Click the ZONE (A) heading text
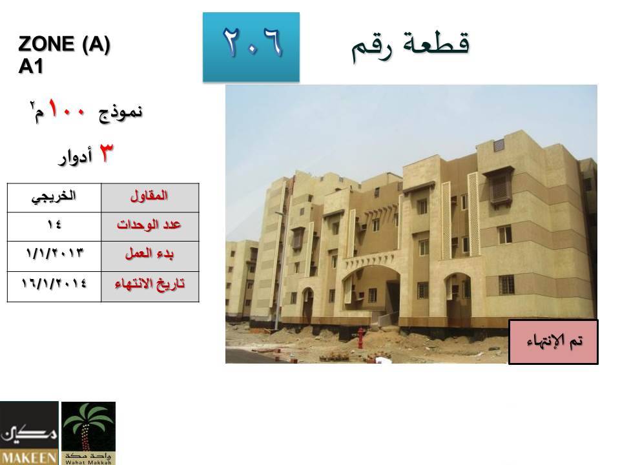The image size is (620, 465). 64,44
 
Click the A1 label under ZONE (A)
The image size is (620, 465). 30,66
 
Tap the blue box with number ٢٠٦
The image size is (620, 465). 251,47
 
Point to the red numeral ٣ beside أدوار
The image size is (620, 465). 105,153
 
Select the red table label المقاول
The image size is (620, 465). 149,196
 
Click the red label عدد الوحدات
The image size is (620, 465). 149,225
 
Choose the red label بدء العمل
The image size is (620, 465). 149,253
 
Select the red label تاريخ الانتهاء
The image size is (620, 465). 149,284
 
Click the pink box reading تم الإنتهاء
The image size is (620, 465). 553,342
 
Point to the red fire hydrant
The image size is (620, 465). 360,337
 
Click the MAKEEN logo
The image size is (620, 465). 29,433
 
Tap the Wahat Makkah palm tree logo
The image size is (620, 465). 88,433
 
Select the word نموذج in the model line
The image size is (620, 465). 120,112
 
